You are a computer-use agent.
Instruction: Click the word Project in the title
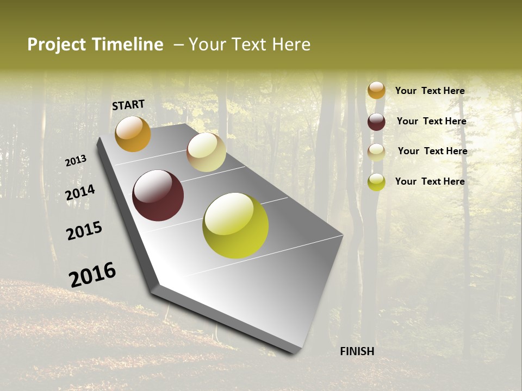57,45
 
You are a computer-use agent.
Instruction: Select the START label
128,105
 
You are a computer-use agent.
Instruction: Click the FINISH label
357,351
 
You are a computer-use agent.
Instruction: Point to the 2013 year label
76,161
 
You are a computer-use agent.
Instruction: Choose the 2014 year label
80,193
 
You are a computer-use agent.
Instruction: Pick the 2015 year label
84,231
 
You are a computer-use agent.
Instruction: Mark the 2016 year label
92,275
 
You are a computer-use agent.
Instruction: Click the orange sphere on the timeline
133,134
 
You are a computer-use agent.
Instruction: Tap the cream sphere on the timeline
206,152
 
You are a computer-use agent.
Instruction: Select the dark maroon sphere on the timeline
158,195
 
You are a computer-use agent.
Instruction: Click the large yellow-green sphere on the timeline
235,225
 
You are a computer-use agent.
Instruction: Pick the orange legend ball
376,90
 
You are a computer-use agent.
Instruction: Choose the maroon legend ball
376,122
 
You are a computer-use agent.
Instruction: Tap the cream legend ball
376,152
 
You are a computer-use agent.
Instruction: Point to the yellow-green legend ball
376,182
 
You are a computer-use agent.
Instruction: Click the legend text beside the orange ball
430,91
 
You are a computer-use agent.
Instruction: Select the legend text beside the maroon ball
431,121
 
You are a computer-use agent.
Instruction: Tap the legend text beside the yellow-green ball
430,181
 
